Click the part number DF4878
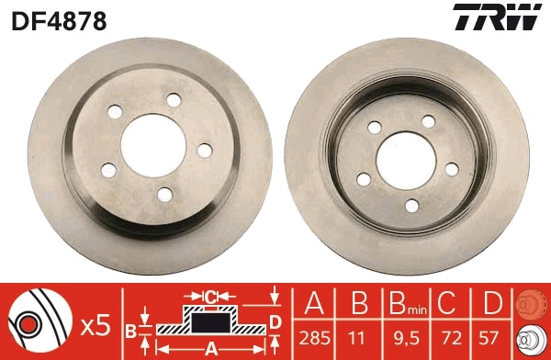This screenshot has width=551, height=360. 59,19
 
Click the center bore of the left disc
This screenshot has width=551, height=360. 152,142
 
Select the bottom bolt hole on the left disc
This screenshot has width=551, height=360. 164,193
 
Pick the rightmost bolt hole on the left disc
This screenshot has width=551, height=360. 204,150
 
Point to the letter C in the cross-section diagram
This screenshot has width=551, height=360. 209,297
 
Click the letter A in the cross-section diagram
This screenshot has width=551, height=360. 209,348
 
